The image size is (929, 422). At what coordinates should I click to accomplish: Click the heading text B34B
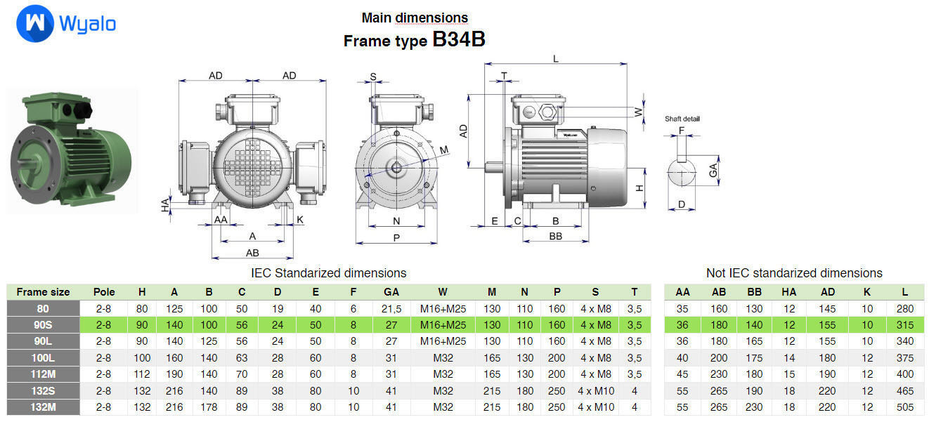click(458, 40)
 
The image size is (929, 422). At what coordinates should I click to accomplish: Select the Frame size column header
click(43, 292)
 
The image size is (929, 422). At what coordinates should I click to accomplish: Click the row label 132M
click(43, 407)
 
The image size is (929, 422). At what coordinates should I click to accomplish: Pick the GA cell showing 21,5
click(391, 308)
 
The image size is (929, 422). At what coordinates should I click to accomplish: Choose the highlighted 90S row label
click(43, 325)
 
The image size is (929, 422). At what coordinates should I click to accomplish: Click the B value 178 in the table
click(209, 407)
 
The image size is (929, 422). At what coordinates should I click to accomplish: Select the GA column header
click(391, 292)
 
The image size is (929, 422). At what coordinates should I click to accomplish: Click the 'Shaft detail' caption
click(682, 119)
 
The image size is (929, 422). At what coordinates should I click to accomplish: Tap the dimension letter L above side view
click(555, 59)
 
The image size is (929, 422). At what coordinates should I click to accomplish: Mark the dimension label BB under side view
click(555, 236)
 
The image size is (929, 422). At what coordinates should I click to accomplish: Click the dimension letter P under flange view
click(396, 238)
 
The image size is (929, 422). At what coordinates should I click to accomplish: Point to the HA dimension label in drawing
click(166, 205)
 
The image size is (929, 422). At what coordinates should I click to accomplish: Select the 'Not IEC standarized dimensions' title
click(793, 273)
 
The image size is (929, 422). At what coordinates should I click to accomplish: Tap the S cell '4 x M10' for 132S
click(595, 390)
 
